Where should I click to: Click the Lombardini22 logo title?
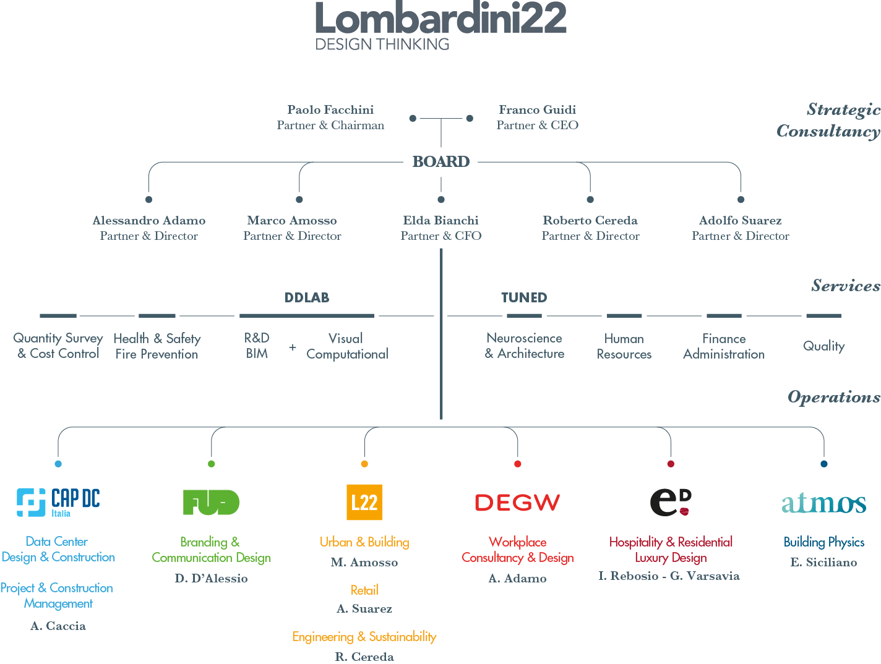440,18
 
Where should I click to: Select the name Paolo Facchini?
330,109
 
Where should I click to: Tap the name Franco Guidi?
536,109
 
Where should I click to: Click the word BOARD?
440,161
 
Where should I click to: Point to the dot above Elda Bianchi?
440,199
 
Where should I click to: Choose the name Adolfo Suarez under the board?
740,220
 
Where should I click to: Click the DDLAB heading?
306,297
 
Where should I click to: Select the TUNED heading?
523,297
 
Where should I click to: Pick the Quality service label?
823,346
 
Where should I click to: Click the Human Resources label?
624,346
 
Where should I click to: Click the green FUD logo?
211,501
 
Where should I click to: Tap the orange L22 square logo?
364,501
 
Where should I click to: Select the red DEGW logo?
517,502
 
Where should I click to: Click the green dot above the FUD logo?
211,464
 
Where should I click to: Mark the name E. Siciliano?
823,562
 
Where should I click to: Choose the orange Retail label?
364,589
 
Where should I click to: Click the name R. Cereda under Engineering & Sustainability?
364,657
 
